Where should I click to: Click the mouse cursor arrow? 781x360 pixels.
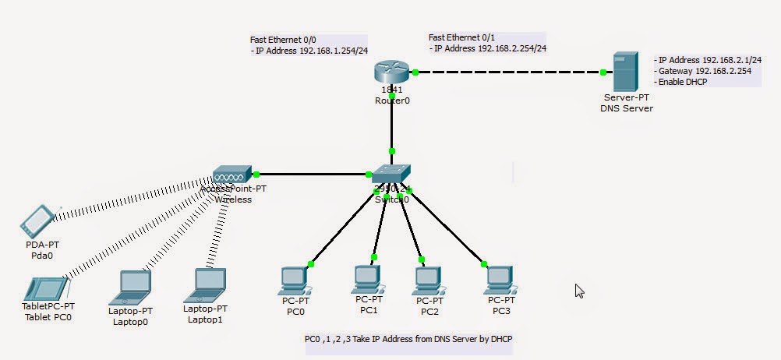[x=579, y=291]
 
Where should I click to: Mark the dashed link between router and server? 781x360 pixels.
[x=507, y=72]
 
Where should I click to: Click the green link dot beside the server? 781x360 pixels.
[x=603, y=72]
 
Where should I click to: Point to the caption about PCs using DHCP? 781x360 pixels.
[x=408, y=339]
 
